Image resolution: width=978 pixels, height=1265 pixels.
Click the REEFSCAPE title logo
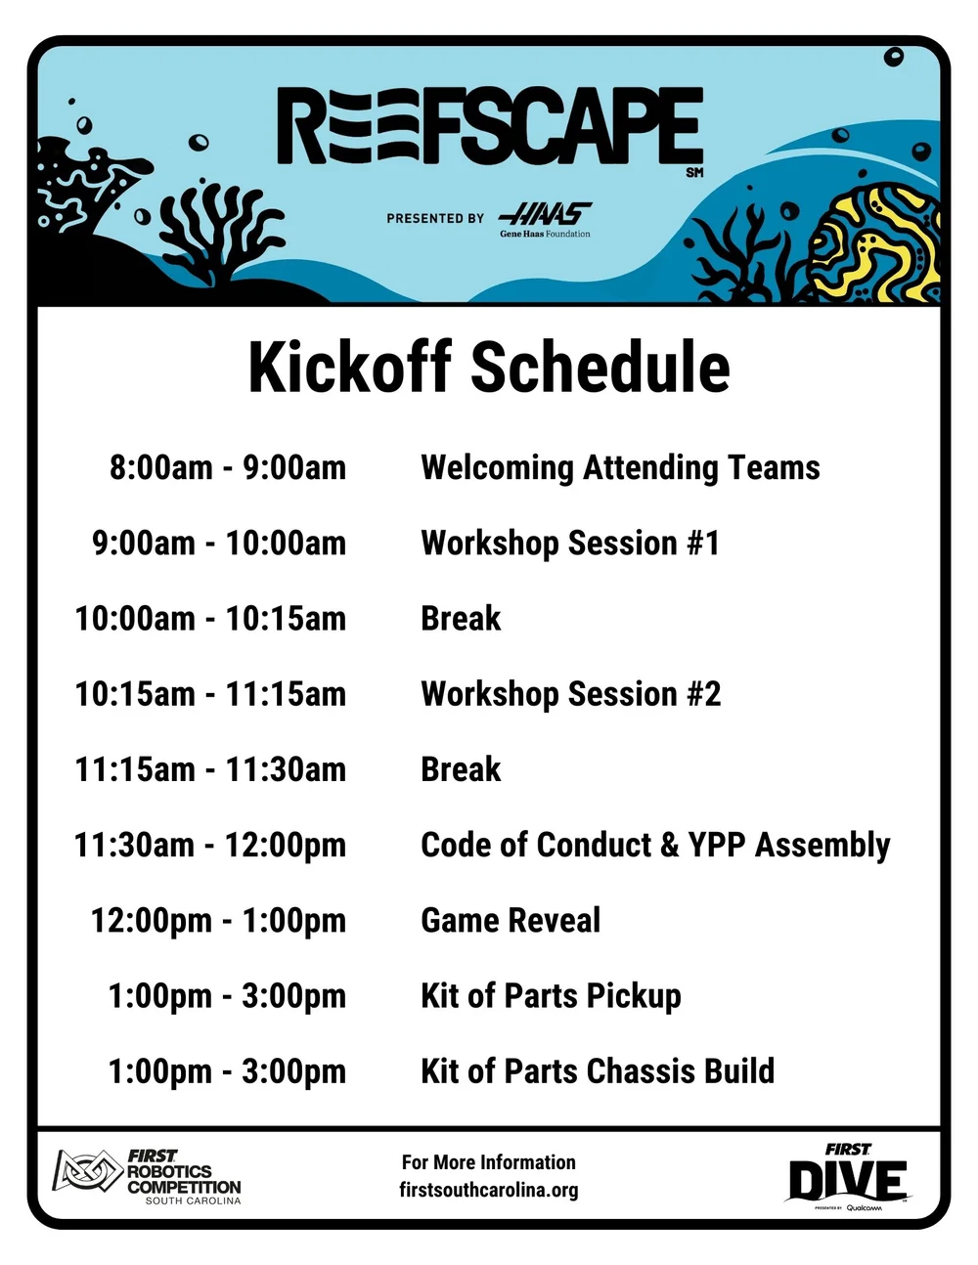click(490, 127)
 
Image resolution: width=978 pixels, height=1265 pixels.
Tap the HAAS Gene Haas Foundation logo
click(545, 219)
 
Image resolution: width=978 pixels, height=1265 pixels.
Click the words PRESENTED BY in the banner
click(435, 218)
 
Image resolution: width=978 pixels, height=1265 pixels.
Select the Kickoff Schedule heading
click(489, 368)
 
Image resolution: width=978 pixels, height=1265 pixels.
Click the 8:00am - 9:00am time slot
click(228, 467)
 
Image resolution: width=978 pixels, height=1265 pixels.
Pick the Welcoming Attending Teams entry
click(620, 467)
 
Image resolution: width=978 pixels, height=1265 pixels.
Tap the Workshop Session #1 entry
click(570, 543)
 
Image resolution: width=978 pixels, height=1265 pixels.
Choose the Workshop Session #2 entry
click(570, 694)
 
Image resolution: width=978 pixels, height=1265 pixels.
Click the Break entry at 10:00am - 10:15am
click(461, 619)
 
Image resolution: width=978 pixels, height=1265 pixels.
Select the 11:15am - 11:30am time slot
click(210, 769)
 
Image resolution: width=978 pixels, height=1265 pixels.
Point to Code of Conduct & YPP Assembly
click(655, 845)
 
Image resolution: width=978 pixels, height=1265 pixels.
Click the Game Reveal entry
click(511, 920)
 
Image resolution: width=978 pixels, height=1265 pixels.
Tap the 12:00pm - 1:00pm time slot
click(218, 920)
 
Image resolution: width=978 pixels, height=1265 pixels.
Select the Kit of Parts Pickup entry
click(551, 995)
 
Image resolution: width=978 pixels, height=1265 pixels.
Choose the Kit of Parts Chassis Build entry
click(597, 1071)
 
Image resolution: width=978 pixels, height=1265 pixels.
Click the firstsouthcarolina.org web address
click(489, 1190)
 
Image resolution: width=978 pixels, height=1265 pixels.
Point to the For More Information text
click(489, 1162)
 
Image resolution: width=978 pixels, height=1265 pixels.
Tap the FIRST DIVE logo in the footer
click(848, 1177)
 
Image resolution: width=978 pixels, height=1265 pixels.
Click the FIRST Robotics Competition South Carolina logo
click(147, 1176)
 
